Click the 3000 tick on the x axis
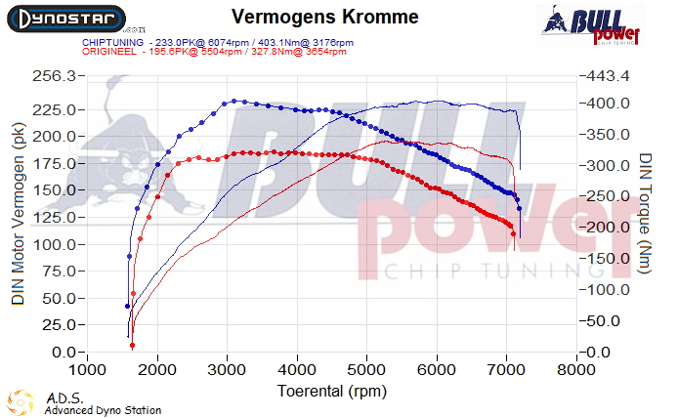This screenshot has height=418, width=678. click(x=227, y=370)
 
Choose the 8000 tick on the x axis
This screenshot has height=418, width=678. click(x=577, y=370)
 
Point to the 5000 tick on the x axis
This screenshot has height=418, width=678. click(x=367, y=370)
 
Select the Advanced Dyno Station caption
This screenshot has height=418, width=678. click(x=103, y=410)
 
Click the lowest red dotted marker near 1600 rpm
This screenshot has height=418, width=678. click(x=132, y=345)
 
